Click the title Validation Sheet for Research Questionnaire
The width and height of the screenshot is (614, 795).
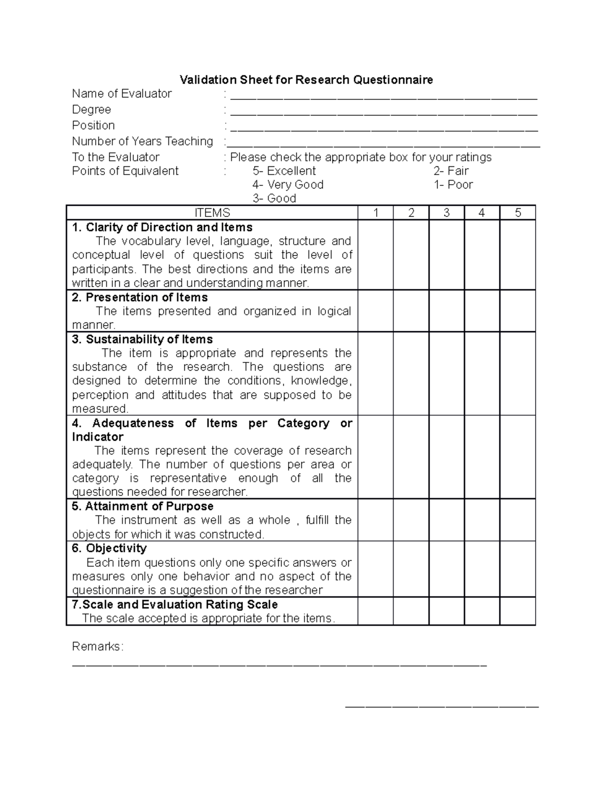[x=306, y=80]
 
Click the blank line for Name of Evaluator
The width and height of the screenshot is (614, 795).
[x=384, y=96]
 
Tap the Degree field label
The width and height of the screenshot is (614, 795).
[x=92, y=110]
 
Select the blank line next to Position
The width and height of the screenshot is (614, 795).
[x=384, y=128]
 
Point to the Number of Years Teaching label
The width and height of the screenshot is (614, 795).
[x=142, y=141]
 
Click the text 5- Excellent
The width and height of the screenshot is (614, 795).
[x=284, y=171]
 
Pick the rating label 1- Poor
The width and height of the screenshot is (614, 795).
[x=453, y=185]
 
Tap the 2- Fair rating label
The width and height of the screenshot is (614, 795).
[x=451, y=171]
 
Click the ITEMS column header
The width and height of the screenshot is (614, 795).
[x=212, y=213]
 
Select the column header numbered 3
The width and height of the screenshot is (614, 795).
[x=446, y=213]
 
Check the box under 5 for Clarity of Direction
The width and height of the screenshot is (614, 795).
[x=517, y=255]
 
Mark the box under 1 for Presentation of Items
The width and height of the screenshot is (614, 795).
[x=376, y=311]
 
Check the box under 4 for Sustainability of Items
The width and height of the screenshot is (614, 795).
[x=481, y=374]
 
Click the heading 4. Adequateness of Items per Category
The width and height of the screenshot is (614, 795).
[x=212, y=429]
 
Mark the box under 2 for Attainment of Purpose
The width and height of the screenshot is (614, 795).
[x=411, y=520]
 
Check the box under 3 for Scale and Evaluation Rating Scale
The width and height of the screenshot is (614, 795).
[x=446, y=611]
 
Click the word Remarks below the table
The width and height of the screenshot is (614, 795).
[x=97, y=647]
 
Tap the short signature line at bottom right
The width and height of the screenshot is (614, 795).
[x=442, y=707]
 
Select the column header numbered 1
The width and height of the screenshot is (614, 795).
[x=376, y=213]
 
